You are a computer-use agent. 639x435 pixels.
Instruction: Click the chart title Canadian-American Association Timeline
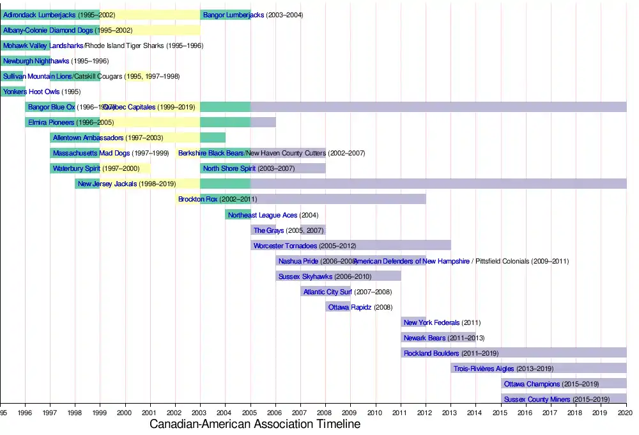(254, 424)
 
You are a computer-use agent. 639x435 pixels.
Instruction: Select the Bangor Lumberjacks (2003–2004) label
(253, 15)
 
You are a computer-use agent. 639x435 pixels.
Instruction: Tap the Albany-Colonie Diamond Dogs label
(48, 30)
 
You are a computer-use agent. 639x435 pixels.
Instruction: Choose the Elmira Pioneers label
(51, 122)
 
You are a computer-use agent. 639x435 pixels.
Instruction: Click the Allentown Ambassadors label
(88, 138)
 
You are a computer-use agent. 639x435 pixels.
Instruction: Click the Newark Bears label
(427, 338)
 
